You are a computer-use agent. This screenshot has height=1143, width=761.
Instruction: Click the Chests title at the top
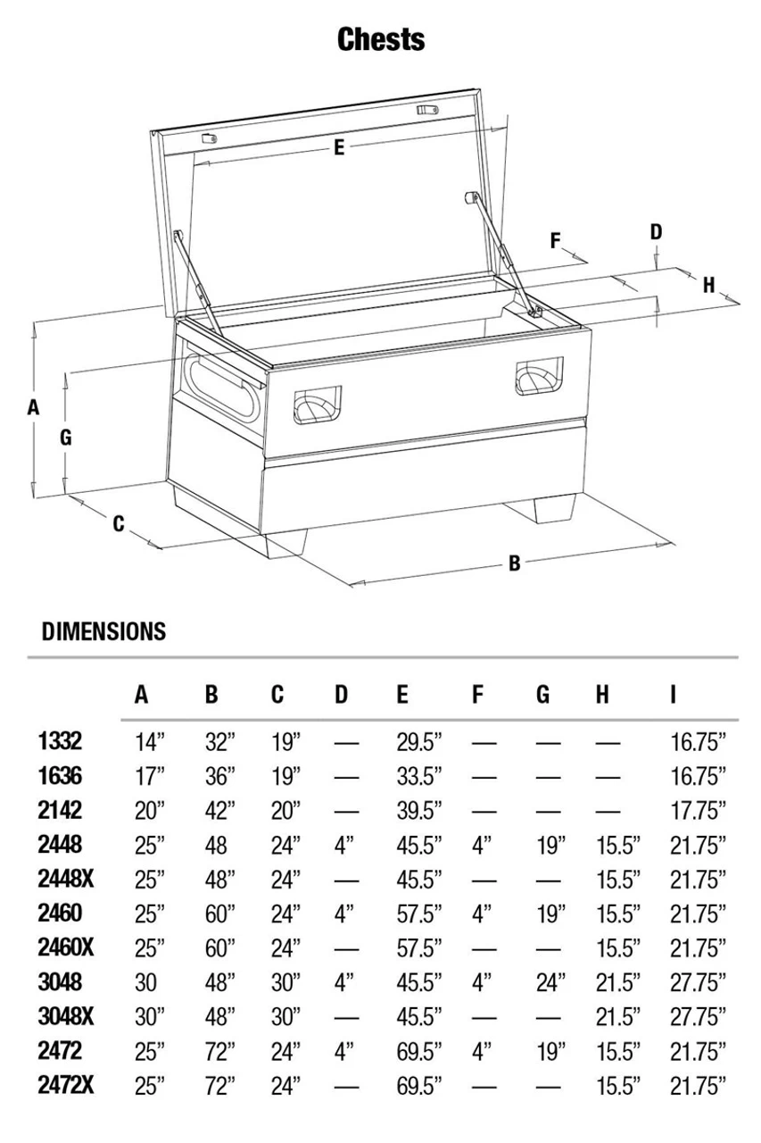pos(381,39)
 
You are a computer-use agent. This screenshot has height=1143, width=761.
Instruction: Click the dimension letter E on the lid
pos(339,149)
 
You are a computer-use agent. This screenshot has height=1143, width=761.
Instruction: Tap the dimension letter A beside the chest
pos(34,407)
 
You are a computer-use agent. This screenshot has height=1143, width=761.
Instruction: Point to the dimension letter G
pos(65,438)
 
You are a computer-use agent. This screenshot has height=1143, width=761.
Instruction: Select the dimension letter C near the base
pos(119,524)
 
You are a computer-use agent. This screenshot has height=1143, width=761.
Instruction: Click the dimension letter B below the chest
pos(515,563)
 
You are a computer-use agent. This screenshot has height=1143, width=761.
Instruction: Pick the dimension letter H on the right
pos(709,285)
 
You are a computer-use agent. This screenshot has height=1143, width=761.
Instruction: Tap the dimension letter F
pos(556,240)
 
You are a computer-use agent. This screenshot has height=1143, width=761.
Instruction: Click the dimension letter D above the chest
pos(656,232)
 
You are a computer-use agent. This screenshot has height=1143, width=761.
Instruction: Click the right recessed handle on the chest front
pos(539,374)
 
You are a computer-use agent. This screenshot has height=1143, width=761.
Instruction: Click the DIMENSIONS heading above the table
pos(103,631)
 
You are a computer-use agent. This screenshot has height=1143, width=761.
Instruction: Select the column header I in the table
pos(673,695)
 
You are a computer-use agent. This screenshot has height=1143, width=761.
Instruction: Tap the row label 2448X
pos(67,879)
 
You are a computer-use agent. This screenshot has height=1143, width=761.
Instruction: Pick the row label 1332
pos(61,740)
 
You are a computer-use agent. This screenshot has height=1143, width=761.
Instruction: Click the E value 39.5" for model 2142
pos(419,810)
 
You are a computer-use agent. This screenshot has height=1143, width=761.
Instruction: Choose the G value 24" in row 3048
pos(550,982)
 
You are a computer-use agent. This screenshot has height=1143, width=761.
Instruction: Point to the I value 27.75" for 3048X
pos(698,1017)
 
